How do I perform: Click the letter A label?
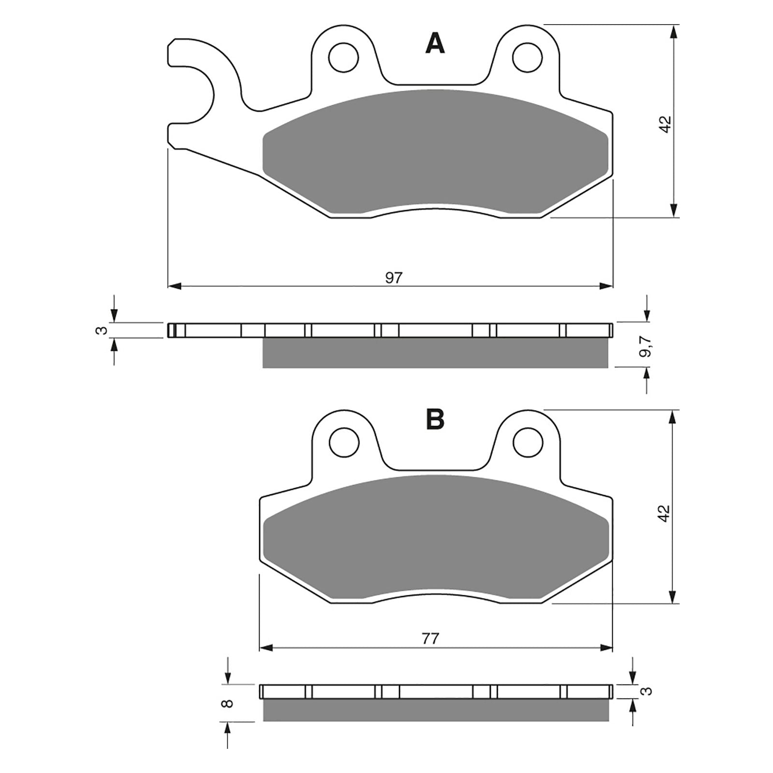435,44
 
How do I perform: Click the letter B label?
435,419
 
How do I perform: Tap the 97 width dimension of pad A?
394,278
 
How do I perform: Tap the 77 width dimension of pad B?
430,639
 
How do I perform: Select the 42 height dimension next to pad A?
666,124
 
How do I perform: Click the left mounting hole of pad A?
343,57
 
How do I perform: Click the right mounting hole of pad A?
527,57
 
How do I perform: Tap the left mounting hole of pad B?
344,442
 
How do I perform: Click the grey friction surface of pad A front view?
435,150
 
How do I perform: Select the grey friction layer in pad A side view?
435,353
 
